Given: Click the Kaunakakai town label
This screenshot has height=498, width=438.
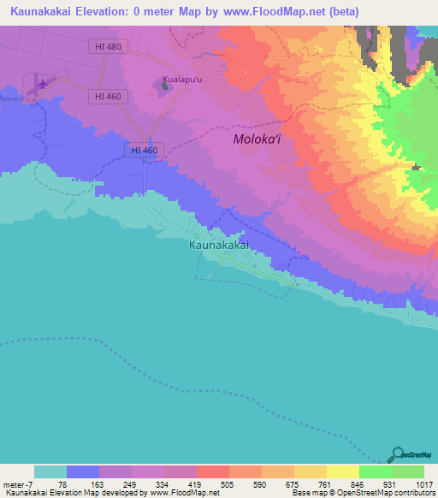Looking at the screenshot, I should pos(218,245).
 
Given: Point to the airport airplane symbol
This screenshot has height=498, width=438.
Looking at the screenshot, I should pos(42,83).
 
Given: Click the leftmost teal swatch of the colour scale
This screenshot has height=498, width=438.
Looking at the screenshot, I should pos(50,471).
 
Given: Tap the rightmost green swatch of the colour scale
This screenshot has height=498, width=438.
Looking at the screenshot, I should pos(408,471).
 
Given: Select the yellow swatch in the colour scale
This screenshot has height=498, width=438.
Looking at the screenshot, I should pos(342,471).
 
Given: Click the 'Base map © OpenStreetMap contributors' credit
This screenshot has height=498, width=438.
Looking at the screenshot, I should pos(363,493).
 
